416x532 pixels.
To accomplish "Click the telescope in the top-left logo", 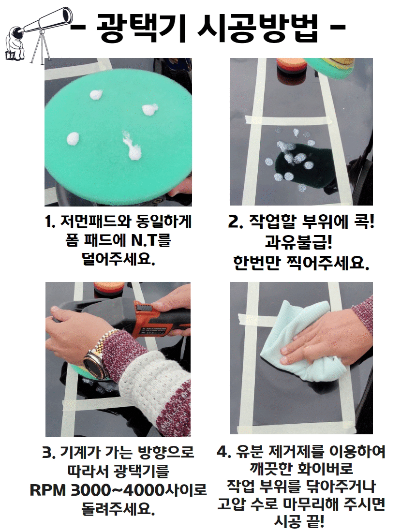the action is (x=44, y=20).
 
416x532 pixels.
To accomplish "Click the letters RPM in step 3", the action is (x=48, y=490).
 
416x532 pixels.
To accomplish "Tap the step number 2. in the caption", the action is (x=236, y=222).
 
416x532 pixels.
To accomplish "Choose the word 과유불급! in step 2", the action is (x=298, y=242).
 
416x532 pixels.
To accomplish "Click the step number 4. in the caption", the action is (x=224, y=452).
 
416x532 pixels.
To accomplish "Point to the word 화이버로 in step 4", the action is (x=325, y=469).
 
